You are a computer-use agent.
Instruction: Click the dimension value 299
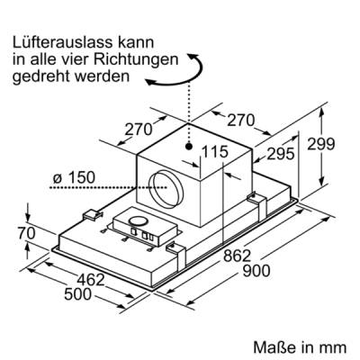[x=320, y=144]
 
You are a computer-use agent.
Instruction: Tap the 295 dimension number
[x=281, y=154]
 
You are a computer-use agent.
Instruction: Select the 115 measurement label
[x=214, y=152]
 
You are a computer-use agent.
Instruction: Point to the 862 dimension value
[x=237, y=256]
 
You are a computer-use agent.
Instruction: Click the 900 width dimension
[x=256, y=271]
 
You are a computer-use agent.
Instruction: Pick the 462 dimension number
[x=91, y=280]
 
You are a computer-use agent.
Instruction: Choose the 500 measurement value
[x=77, y=294]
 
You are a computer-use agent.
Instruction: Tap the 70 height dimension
[x=27, y=234]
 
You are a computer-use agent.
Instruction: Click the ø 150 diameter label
[x=74, y=178]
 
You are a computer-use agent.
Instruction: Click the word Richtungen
[x=136, y=59]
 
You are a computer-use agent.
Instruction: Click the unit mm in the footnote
[x=334, y=349]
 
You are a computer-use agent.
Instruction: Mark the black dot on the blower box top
[x=188, y=147]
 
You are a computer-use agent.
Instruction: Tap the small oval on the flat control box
[x=138, y=221]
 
